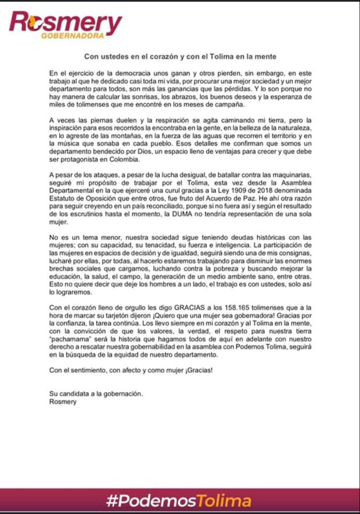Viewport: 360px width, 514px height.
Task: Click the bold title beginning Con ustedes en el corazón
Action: coord(180,56)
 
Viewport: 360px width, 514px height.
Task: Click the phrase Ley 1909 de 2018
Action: coord(239,191)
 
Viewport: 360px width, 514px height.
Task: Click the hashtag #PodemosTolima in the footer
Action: coord(179,501)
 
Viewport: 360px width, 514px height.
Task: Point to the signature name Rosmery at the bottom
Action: coord(63,402)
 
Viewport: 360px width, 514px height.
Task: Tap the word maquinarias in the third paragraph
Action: coord(292,175)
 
